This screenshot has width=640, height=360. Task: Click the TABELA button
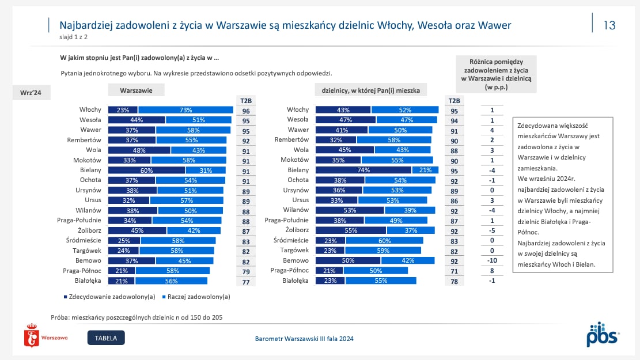(106, 338)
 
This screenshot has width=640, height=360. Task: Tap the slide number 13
(609, 25)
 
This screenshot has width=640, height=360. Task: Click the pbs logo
(603, 334)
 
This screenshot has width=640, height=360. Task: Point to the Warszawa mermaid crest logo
(32, 335)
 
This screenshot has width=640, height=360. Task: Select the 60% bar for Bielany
(146, 170)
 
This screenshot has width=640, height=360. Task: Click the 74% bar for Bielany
(363, 170)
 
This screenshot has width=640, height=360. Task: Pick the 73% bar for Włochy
(185, 110)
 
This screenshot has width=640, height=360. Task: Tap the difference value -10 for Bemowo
(492, 260)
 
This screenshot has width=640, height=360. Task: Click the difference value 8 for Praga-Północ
(492, 271)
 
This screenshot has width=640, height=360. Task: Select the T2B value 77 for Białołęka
(246, 282)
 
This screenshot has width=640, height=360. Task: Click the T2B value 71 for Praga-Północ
(454, 271)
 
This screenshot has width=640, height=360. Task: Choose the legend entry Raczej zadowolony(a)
(196, 297)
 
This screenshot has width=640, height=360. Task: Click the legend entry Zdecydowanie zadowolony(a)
(109, 297)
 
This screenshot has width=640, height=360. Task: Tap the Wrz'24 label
(31, 93)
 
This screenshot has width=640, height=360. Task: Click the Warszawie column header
(136, 90)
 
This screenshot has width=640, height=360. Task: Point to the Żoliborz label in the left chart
(89, 230)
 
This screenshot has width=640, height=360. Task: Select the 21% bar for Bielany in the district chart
(425, 170)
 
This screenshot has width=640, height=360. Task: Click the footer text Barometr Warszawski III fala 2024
(304, 338)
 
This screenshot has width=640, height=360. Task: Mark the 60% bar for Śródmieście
(384, 240)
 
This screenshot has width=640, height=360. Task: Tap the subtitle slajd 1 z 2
(74, 37)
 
